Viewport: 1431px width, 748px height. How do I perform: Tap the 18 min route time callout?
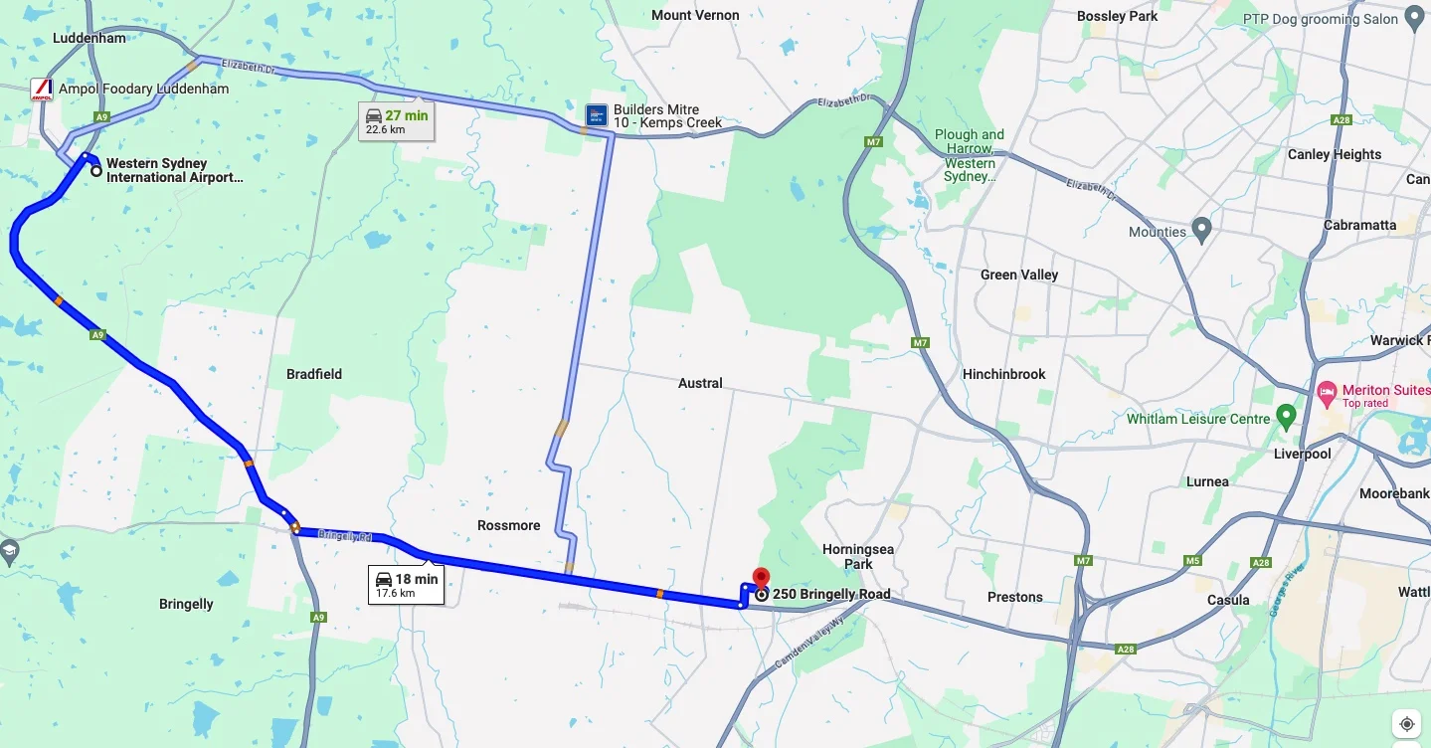pyautogui.click(x=406, y=585)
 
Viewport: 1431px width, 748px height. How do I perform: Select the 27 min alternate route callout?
pyautogui.click(x=396, y=121)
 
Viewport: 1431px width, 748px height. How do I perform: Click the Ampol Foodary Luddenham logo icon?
pyautogui.click(x=42, y=90)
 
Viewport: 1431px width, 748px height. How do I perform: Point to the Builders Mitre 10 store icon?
pyautogui.click(x=596, y=116)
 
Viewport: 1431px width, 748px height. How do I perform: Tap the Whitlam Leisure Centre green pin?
pyautogui.click(x=1286, y=417)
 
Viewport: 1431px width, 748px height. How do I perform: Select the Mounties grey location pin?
pyautogui.click(x=1201, y=231)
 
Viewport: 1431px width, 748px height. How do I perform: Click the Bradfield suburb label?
pyautogui.click(x=314, y=374)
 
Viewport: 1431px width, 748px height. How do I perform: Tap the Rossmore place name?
pyautogui.click(x=508, y=525)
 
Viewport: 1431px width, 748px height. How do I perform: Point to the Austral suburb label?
pyautogui.click(x=700, y=383)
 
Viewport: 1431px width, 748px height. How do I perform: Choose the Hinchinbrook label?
pyautogui.click(x=1004, y=374)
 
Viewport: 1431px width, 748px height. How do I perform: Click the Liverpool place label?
pyautogui.click(x=1302, y=454)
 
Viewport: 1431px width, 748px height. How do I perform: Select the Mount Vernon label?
pyautogui.click(x=695, y=15)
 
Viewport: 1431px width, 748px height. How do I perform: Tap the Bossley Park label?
pyautogui.click(x=1117, y=16)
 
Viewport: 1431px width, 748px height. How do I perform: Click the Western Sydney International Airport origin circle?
pyautogui.click(x=96, y=171)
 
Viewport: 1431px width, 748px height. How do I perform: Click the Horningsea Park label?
pyautogui.click(x=857, y=556)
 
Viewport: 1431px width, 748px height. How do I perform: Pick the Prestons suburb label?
pyautogui.click(x=1014, y=597)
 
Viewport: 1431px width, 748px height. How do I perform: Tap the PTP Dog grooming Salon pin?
pyautogui.click(x=1414, y=19)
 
